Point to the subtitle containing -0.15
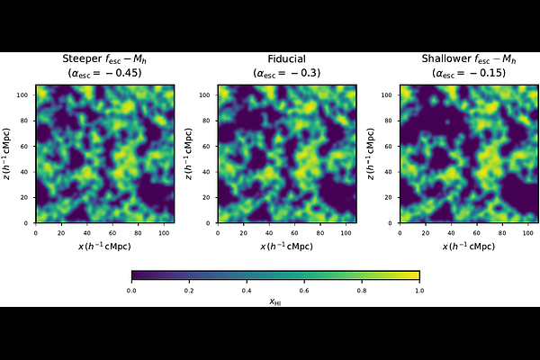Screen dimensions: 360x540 (x=464, y=74)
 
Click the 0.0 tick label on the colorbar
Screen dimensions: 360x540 (x=131, y=290)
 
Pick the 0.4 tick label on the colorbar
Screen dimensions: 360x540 (x=247, y=290)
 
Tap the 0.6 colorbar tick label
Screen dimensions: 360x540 (x=304, y=290)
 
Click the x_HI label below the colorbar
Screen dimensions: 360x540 (x=275, y=302)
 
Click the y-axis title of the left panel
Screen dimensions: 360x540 (x=10, y=154)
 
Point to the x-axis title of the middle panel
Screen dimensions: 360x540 (x=286, y=246)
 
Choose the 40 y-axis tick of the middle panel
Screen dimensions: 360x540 (x=209, y=171)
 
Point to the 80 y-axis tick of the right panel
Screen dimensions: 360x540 (x=389, y=119)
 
